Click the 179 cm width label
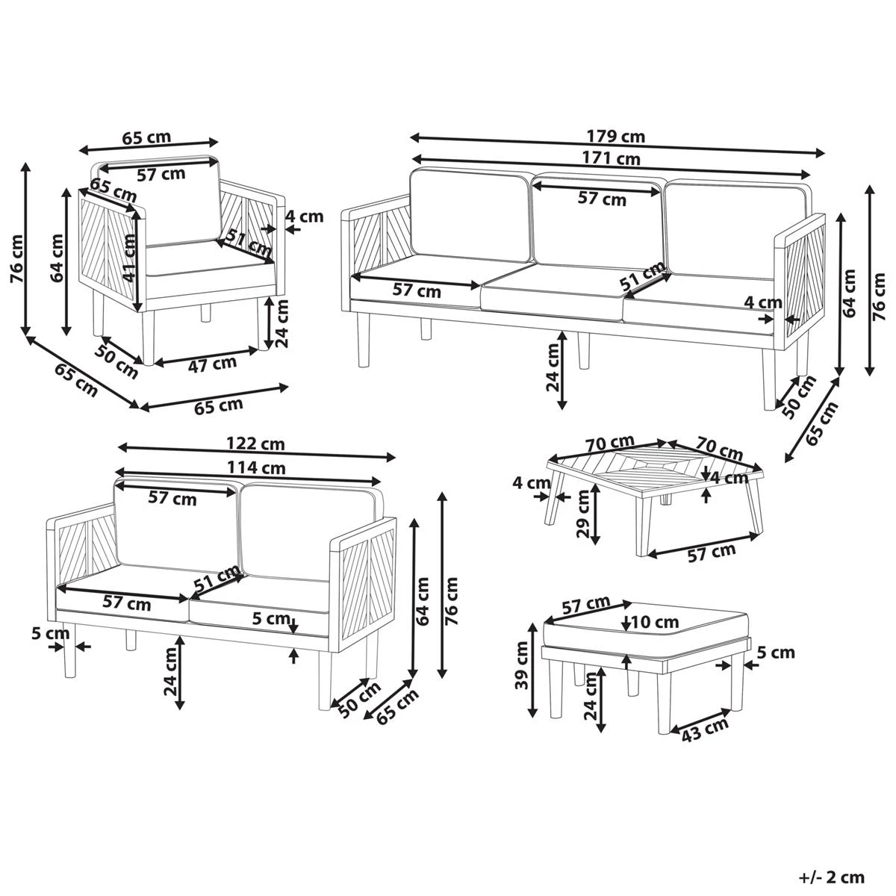tap(617, 137)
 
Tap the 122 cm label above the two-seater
tap(256, 444)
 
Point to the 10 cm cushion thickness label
tap(655, 621)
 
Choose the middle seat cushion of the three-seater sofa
tap(553, 295)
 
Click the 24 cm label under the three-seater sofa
tap(553, 367)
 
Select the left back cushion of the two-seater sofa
tap(175, 526)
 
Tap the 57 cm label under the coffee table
tap(710, 552)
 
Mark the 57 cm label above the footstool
tap(585, 605)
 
